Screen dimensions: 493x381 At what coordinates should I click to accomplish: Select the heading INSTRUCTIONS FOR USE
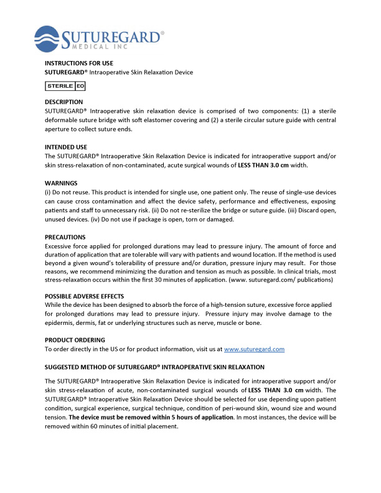click(78, 63)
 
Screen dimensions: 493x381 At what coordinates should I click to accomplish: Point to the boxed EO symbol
click(80, 86)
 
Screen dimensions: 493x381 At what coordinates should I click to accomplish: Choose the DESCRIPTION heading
click(63, 101)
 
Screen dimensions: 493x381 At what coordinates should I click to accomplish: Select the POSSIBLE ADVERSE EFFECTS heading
click(84, 296)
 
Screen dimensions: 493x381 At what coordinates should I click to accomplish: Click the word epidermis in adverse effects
click(61, 322)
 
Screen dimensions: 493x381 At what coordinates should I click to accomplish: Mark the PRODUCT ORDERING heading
click(75, 340)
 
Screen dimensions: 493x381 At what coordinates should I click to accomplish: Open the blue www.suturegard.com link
click(254, 350)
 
